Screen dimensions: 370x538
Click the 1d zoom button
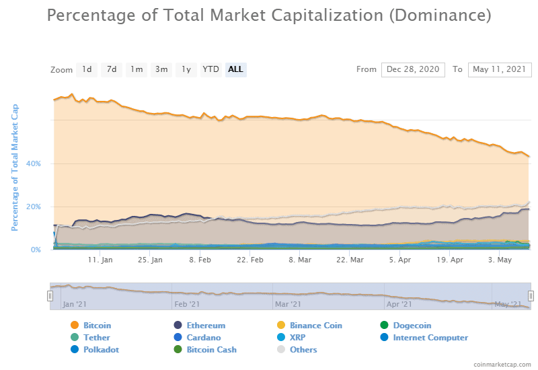pos(87,69)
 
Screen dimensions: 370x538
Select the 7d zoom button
pos(112,69)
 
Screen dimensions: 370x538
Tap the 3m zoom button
pos(161,69)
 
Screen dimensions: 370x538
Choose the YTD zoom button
pos(210,69)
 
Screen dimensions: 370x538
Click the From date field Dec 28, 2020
pos(413,69)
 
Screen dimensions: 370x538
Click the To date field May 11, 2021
pos(500,69)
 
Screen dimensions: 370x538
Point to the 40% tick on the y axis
pos(33,163)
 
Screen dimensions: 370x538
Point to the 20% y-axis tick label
pos(33,207)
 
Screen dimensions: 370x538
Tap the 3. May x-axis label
pos(499,260)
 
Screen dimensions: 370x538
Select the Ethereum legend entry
pos(205,326)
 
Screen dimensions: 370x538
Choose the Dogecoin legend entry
pos(412,326)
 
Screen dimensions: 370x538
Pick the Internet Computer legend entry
pos(430,338)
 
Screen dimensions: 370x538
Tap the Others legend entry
pos(303,350)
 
